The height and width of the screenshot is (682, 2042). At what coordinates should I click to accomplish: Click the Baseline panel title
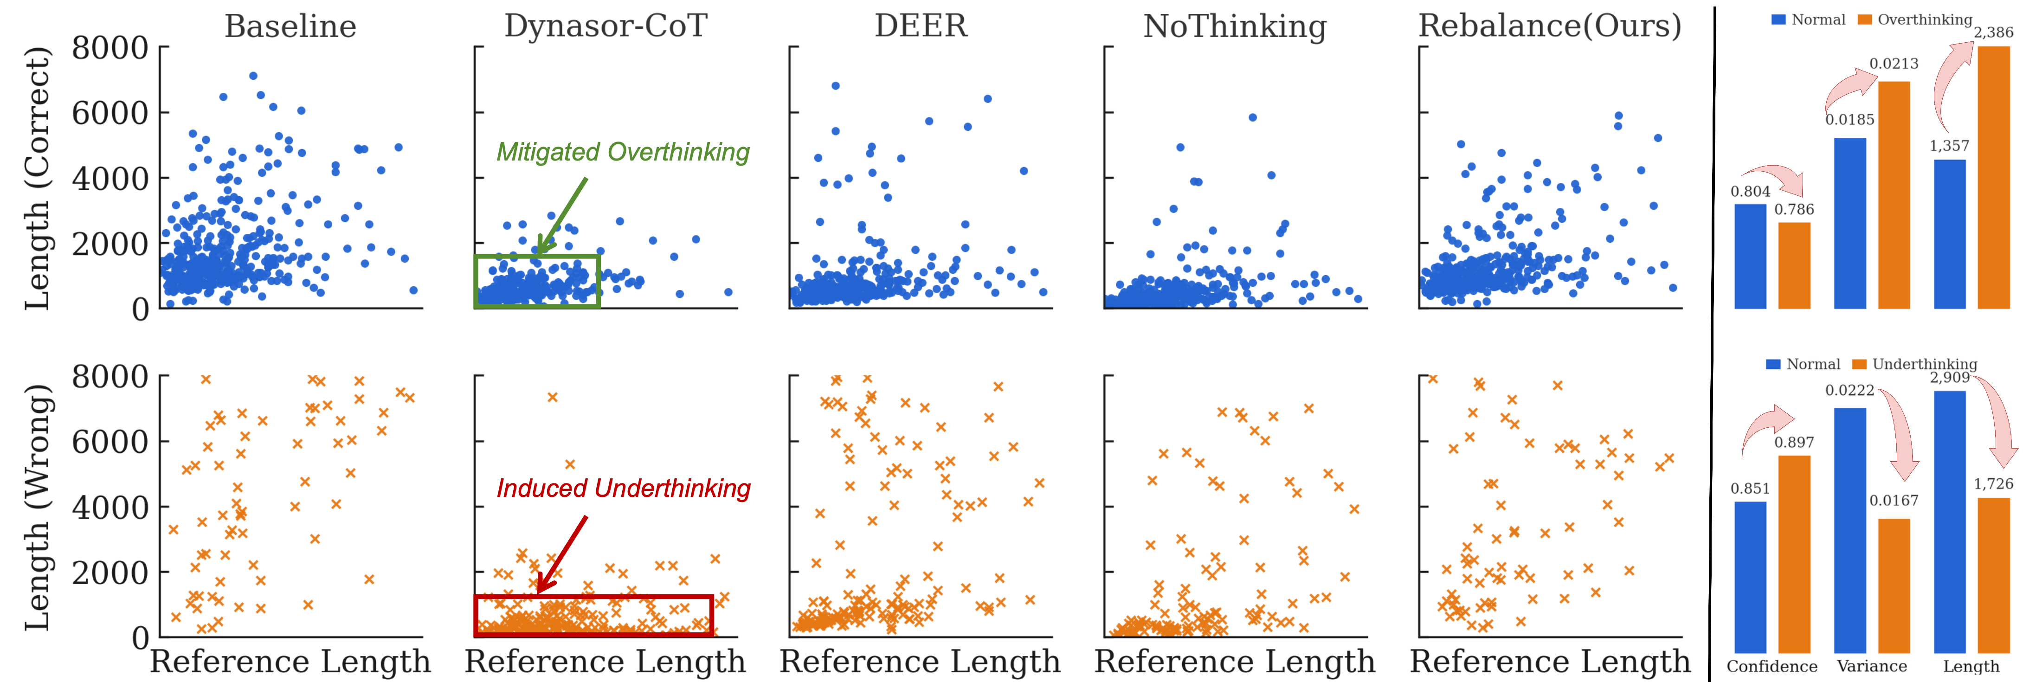coord(290,26)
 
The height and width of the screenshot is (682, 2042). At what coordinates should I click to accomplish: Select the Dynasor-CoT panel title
coord(606,26)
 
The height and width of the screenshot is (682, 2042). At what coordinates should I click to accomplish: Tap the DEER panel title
coord(921,26)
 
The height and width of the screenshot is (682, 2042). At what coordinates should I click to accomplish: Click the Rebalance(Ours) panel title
coord(1550,26)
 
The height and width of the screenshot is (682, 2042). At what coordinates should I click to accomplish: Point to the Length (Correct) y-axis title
coord(37,179)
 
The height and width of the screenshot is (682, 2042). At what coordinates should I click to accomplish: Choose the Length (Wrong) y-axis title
coord(37,508)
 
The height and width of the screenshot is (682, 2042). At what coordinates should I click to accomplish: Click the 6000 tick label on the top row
coord(110,113)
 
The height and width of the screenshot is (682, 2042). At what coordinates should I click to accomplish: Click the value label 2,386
coord(1993,32)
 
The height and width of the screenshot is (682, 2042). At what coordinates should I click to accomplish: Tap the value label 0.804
coord(1750,191)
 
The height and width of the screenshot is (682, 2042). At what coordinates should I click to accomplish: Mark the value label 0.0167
coord(1894,501)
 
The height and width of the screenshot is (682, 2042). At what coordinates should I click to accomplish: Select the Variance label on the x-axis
coord(1872,666)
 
